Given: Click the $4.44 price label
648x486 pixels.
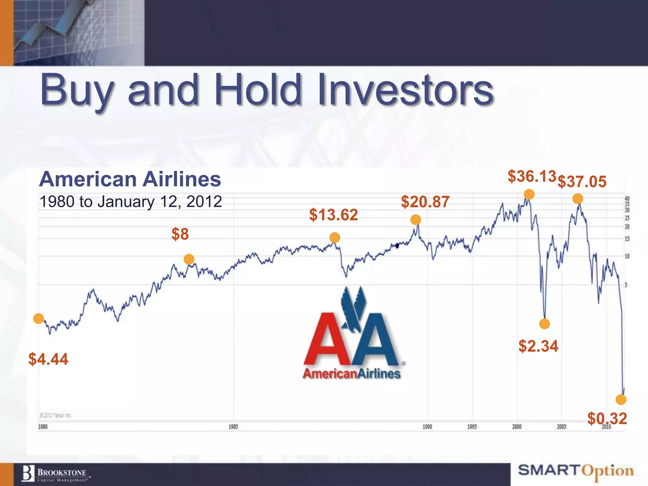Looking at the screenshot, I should pyautogui.click(x=48, y=359).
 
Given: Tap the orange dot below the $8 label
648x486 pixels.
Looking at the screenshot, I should pyautogui.click(x=189, y=259).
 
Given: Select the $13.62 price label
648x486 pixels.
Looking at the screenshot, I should pyautogui.click(x=333, y=215).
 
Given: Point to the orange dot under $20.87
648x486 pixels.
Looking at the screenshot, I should pyautogui.click(x=416, y=220).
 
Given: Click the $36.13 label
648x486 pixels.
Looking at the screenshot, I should pyautogui.click(x=532, y=176).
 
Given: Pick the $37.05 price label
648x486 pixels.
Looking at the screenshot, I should pyautogui.click(x=582, y=182).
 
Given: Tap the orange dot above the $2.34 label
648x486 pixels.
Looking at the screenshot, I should pyautogui.click(x=545, y=324).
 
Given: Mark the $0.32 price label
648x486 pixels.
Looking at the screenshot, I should pyautogui.click(x=607, y=419).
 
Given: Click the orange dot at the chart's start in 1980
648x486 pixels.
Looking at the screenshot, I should pyautogui.click(x=39, y=319).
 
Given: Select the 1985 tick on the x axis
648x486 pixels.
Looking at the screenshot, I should pyautogui.click(x=234, y=427).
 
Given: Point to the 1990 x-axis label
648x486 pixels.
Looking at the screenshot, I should pyautogui.click(x=427, y=427).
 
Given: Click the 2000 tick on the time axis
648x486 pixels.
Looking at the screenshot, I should pyautogui.click(x=517, y=427).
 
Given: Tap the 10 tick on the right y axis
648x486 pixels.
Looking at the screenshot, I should pyautogui.click(x=627, y=256).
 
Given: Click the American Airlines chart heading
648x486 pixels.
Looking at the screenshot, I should pyautogui.click(x=130, y=179).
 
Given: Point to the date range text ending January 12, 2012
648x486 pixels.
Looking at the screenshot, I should pyautogui.click(x=131, y=202).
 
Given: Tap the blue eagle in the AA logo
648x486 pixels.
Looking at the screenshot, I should pyautogui.click(x=353, y=308).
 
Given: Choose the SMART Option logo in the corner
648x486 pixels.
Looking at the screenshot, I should pyautogui.click(x=576, y=471).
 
